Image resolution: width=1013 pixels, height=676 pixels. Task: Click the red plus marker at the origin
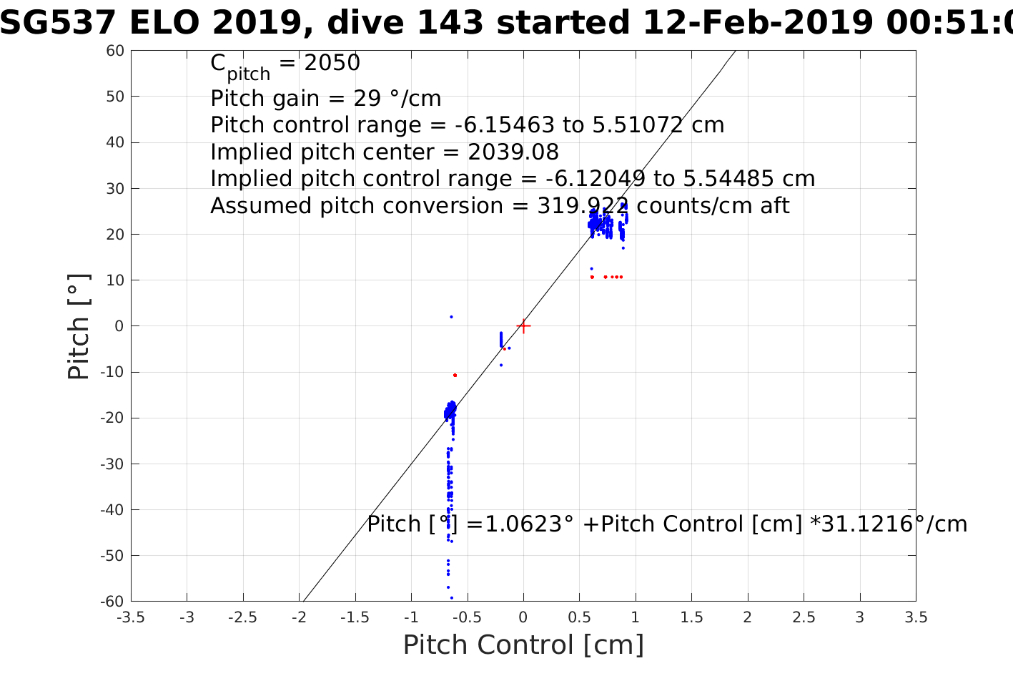(x=523, y=326)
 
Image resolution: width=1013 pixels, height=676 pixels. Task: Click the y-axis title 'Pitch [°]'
(x=79, y=326)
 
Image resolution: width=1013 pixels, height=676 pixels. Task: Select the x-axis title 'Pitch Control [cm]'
(x=523, y=645)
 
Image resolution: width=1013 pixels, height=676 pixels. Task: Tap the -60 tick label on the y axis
(x=112, y=601)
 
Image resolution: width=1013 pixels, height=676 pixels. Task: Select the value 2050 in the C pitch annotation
(x=332, y=64)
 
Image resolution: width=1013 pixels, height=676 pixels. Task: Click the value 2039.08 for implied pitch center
(x=513, y=152)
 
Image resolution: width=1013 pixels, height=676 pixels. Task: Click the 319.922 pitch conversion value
(x=583, y=206)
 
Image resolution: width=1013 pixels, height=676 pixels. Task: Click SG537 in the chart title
(x=57, y=23)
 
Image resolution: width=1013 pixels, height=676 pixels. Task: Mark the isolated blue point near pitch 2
(x=451, y=317)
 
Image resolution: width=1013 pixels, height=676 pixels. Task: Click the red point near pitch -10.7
(x=455, y=375)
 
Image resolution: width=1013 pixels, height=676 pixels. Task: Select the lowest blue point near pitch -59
(x=451, y=597)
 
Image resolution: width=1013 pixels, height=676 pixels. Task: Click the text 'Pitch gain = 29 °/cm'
(x=326, y=99)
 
